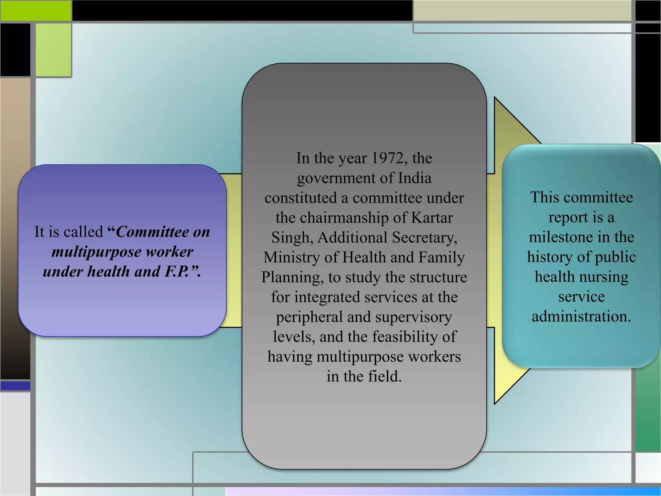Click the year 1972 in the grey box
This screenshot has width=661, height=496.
(387, 158)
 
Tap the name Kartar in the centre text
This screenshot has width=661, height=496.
(432, 218)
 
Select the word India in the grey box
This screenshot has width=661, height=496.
(414, 178)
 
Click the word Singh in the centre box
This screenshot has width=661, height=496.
(290, 238)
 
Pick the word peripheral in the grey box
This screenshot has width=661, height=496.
(309, 317)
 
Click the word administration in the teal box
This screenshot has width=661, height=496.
(581, 316)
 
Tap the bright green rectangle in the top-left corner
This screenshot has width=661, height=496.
(36, 11)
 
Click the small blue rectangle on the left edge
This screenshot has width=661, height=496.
(15, 386)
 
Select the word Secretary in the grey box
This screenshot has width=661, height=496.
(424, 238)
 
